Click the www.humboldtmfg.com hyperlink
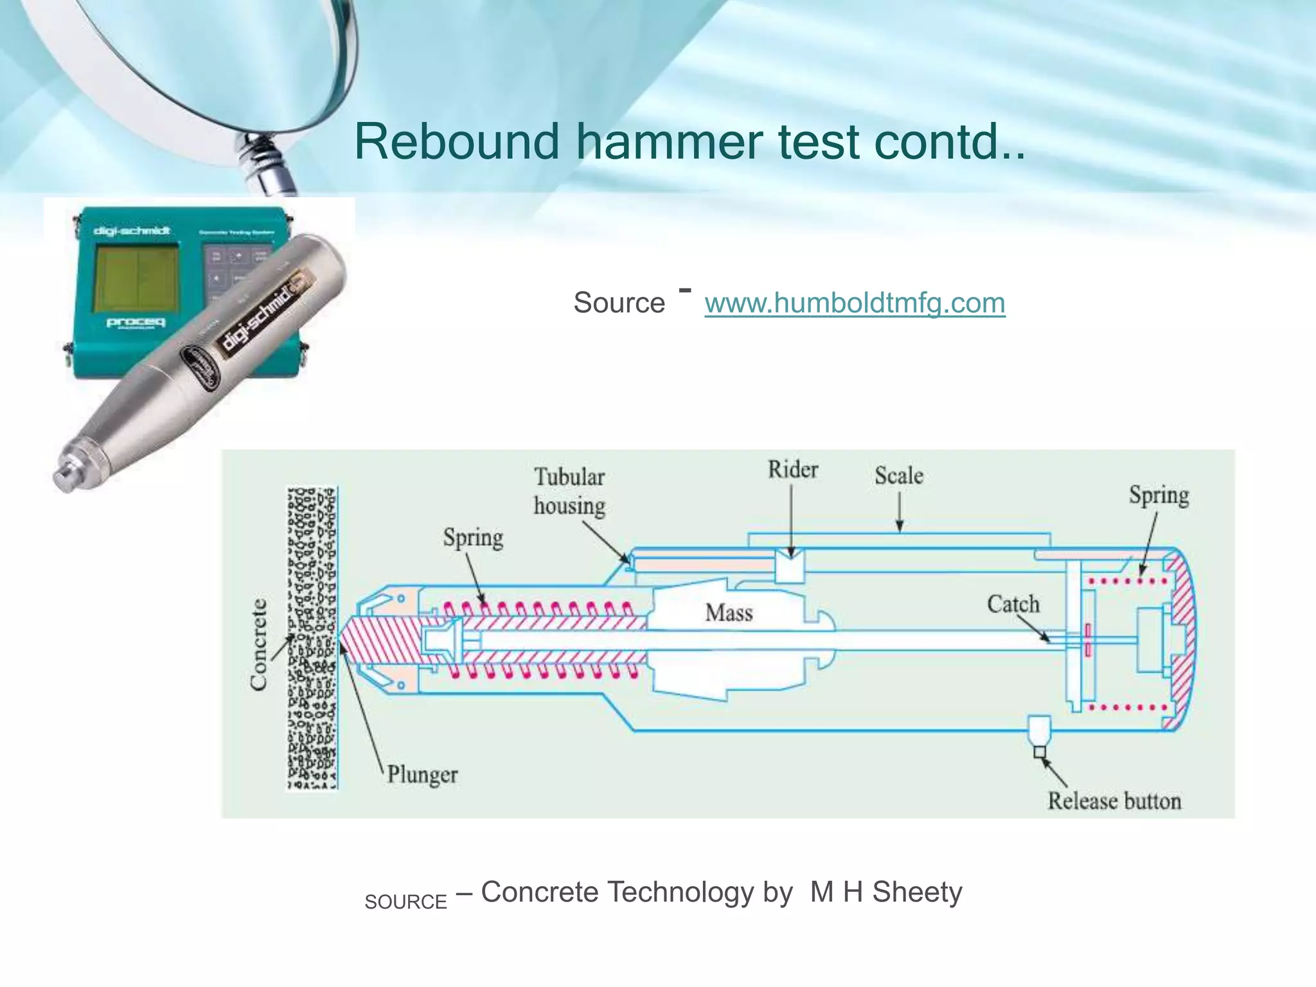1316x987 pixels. tap(855, 303)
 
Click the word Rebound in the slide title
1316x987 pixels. tap(457, 142)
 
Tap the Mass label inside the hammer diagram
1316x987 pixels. tap(729, 613)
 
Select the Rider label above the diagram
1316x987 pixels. tap(792, 470)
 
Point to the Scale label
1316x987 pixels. tap(898, 476)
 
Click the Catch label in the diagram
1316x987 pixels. tap(1013, 605)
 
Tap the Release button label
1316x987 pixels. tap(1114, 801)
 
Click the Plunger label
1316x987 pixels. tap(422, 775)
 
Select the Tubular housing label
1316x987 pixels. tap(569, 492)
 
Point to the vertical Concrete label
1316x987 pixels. tap(258, 645)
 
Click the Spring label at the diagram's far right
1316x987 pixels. tap(1159, 495)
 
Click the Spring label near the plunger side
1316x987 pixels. tap(473, 538)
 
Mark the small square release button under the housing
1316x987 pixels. tap(1039, 752)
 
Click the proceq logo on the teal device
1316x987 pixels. tap(136, 322)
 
